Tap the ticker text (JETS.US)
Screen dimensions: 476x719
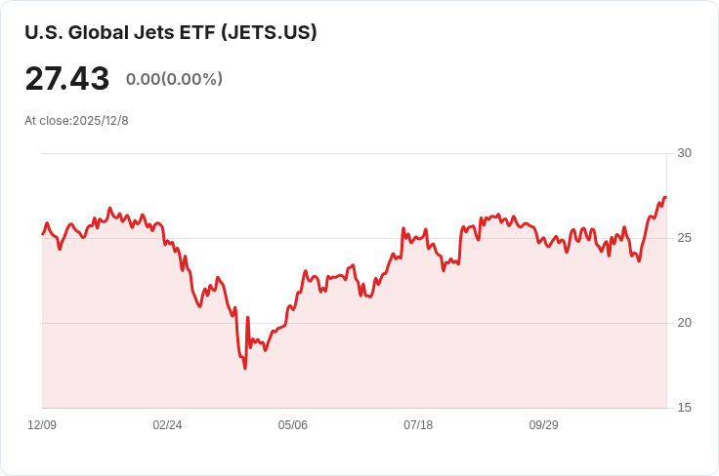click(269, 32)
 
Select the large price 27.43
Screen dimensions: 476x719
click(66, 79)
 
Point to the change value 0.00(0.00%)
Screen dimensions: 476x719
click(174, 79)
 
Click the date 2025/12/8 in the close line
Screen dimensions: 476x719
click(101, 121)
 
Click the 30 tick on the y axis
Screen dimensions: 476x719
click(684, 153)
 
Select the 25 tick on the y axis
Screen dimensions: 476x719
click(684, 238)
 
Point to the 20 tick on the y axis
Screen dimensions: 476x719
click(684, 323)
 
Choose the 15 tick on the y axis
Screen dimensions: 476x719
click(684, 408)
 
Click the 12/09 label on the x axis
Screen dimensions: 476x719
click(42, 425)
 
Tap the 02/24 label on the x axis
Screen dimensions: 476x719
click(167, 425)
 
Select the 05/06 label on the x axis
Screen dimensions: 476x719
click(292, 425)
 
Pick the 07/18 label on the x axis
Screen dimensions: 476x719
click(418, 425)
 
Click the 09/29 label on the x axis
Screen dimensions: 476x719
click(543, 425)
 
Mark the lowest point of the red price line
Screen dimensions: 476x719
click(245, 368)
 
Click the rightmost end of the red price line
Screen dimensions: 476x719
click(665, 198)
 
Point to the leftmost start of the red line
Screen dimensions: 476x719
click(42, 233)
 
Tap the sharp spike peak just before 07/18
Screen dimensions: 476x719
click(403, 228)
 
